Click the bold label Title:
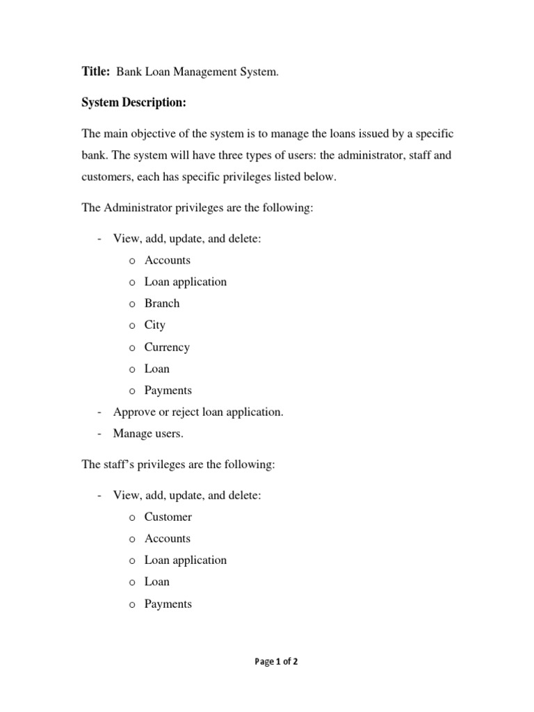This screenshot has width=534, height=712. click(x=96, y=71)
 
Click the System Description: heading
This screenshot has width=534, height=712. click(x=133, y=103)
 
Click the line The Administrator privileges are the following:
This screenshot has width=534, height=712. click(x=197, y=208)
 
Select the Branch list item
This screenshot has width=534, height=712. click(x=162, y=303)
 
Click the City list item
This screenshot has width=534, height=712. click(x=155, y=325)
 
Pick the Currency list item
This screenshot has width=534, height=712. click(x=167, y=347)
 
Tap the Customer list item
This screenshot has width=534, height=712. click(x=168, y=517)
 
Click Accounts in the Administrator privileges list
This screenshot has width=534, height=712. click(x=168, y=260)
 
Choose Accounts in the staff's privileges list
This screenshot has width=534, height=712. click(x=168, y=538)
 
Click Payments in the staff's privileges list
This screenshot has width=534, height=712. click(x=168, y=604)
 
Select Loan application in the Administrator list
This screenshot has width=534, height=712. click(x=186, y=282)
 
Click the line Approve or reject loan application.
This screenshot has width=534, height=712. click(x=198, y=412)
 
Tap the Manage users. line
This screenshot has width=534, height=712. click(x=149, y=433)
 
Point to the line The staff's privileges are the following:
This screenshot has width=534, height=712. click(x=179, y=464)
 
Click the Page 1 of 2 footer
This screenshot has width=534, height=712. click(x=276, y=662)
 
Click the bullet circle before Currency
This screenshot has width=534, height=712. click(x=132, y=348)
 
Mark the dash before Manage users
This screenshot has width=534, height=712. click(x=100, y=433)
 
